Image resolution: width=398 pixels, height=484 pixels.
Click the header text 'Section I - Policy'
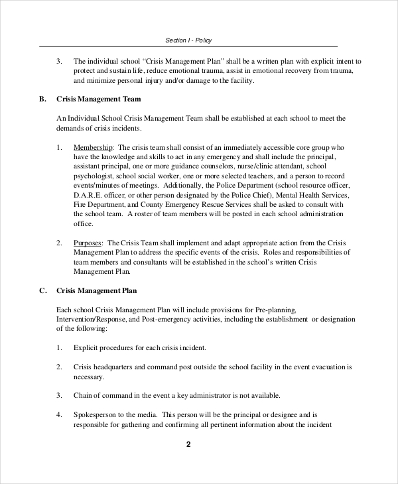189,40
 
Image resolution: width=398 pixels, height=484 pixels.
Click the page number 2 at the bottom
188,444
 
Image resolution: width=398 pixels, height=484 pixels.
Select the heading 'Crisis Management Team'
99,99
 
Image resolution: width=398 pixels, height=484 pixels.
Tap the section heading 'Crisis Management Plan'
98,290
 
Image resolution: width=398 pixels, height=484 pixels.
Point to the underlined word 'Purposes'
88,243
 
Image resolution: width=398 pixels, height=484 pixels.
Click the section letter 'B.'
42,99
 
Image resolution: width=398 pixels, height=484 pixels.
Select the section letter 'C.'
42,290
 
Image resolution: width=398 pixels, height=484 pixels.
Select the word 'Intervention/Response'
92,319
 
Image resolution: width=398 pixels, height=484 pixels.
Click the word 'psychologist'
92,176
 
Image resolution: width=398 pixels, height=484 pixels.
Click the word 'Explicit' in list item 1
86,347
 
